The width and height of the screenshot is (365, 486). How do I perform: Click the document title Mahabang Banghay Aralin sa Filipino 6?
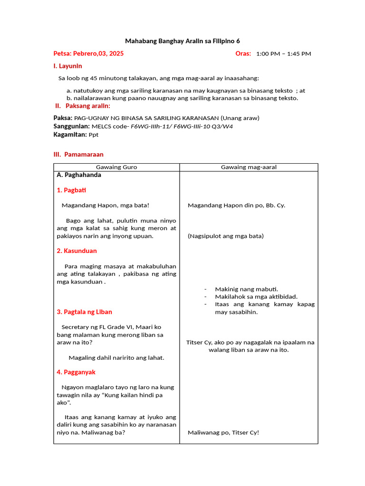tap(182, 41)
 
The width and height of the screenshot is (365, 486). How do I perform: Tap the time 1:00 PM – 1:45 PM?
tap(283, 54)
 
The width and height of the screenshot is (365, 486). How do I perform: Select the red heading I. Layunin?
tap(68, 66)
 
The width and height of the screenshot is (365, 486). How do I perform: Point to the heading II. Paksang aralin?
tap(83, 105)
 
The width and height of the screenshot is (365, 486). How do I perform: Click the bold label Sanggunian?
tap(71, 126)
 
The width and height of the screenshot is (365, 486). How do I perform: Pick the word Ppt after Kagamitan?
tap(94, 134)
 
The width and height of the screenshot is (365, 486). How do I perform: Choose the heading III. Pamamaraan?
tap(78, 154)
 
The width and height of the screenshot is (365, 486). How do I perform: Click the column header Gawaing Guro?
tap(116, 167)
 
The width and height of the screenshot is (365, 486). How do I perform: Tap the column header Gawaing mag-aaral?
tap(249, 167)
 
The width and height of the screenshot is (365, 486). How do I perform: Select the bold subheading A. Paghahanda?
tap(79, 175)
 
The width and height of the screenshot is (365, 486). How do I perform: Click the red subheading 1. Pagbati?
tap(71, 190)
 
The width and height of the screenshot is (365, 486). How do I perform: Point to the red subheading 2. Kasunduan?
tap(77, 251)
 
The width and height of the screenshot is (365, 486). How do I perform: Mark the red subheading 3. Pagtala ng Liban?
tap(84, 312)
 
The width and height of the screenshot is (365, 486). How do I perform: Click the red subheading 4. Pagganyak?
tap(76, 372)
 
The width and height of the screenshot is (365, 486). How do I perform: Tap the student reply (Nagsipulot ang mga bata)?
tap(225, 236)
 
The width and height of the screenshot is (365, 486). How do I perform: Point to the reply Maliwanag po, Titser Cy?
tap(223, 432)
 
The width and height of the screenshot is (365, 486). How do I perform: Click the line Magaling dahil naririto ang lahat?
tap(116, 357)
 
